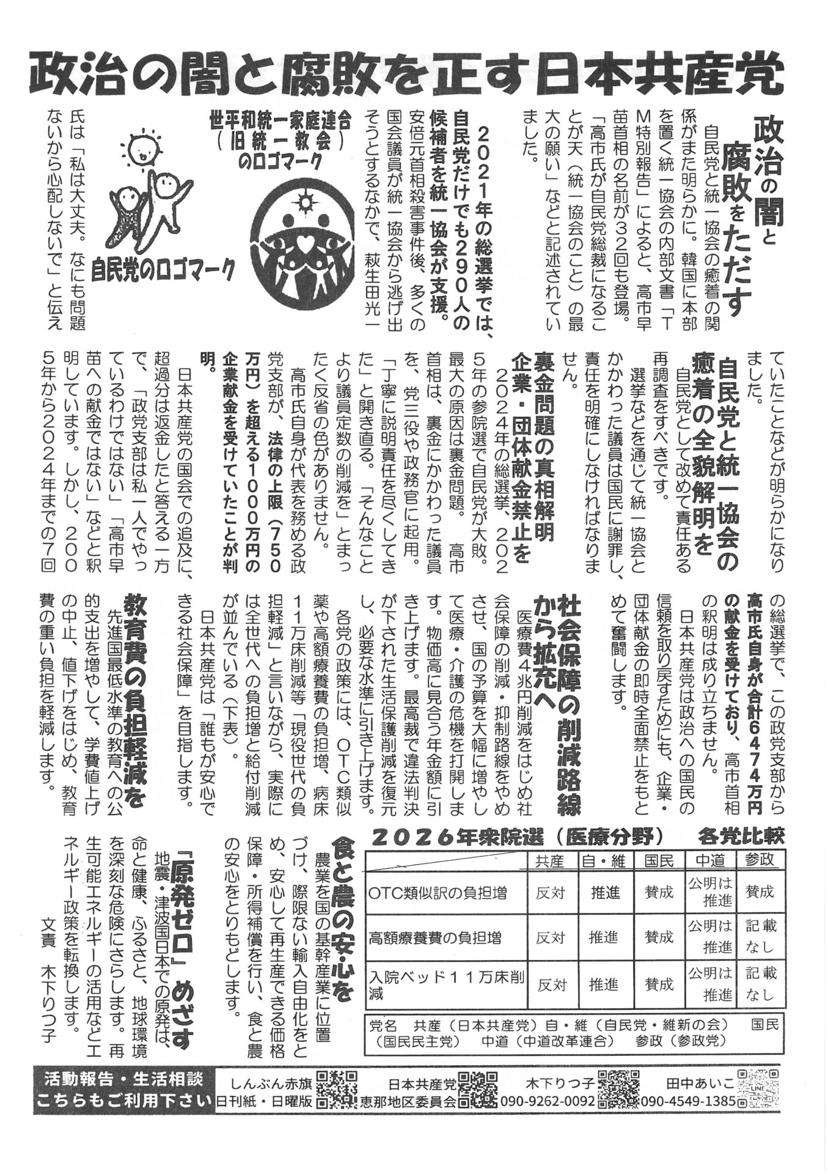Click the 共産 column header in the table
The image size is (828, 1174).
click(x=550, y=860)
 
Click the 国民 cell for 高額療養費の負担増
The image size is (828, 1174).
click(x=659, y=937)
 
